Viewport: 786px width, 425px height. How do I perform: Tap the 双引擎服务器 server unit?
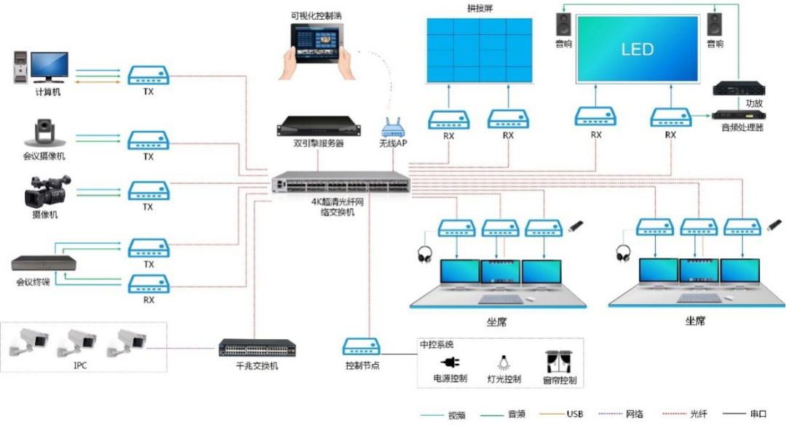tap(319, 127)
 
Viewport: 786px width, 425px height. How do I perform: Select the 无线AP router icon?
tap(392, 130)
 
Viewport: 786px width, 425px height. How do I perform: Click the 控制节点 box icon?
tap(362, 348)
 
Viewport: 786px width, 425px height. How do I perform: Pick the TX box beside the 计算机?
tap(148, 74)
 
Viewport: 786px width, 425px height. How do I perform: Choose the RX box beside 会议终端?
tap(148, 284)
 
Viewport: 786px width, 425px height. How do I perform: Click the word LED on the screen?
tap(637, 49)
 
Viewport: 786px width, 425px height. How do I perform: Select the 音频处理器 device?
tap(733, 114)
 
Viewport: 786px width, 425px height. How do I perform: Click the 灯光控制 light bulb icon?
tap(502, 362)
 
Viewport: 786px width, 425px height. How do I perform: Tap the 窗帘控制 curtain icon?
tap(558, 361)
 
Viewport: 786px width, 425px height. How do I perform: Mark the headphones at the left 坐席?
tap(423, 254)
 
